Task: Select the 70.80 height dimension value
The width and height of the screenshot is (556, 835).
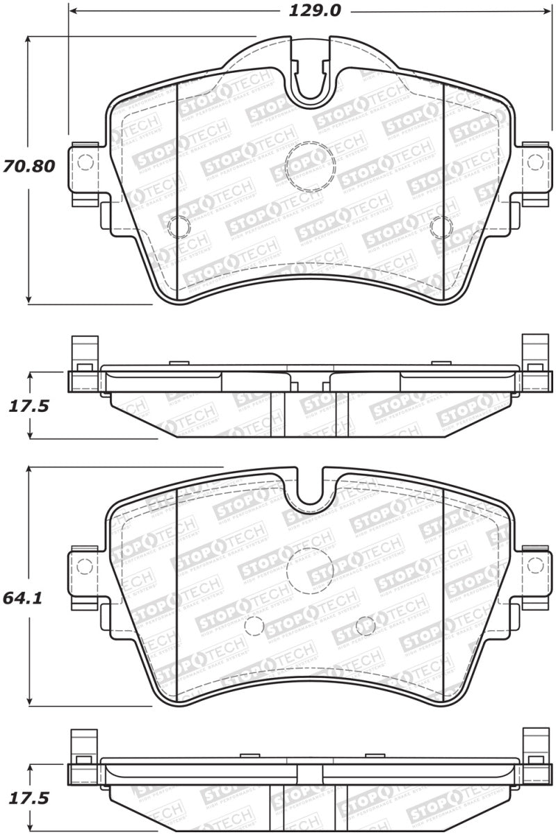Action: (x=28, y=167)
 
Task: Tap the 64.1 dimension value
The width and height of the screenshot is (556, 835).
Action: (x=26, y=597)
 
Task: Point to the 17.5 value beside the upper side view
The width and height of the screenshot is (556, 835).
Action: (x=28, y=406)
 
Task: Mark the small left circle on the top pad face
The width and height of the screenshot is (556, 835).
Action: (x=179, y=226)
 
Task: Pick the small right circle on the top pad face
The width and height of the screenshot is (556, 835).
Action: (x=441, y=226)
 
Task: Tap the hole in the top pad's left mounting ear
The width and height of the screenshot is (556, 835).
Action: (x=85, y=163)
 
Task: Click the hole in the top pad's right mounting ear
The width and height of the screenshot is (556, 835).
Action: (x=534, y=163)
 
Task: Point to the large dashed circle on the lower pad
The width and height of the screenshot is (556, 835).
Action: (x=310, y=570)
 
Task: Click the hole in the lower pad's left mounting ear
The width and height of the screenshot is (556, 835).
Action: (x=85, y=565)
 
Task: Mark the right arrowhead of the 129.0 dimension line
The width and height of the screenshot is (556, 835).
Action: (x=546, y=12)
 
